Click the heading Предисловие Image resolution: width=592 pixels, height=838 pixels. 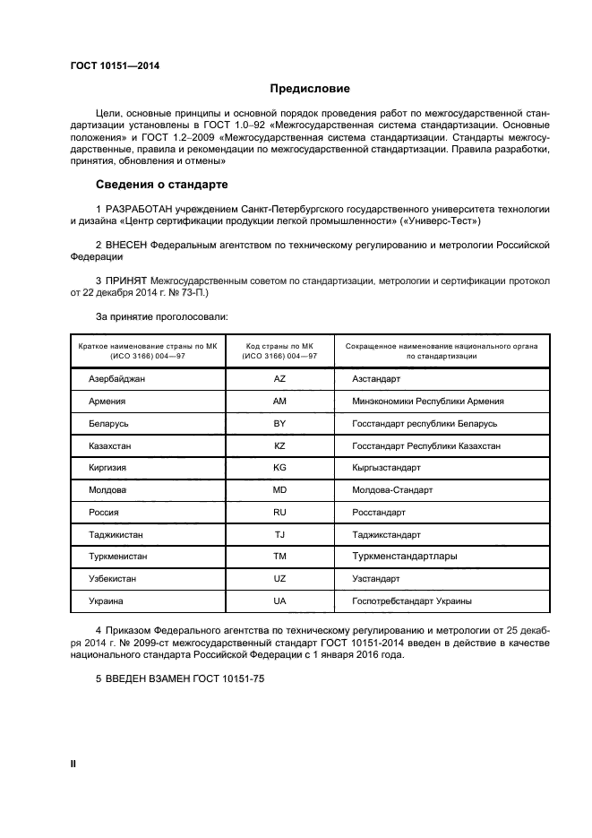[310, 89]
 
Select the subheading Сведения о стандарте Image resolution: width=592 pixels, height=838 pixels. [162, 185]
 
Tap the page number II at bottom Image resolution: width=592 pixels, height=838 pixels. [73, 764]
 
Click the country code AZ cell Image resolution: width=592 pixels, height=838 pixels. [279, 380]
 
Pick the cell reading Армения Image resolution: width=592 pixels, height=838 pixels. [107, 402]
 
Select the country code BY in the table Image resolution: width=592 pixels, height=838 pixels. [279, 423]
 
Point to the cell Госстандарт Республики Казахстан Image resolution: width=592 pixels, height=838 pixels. [425, 445]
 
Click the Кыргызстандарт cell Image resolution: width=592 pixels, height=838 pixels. [386, 468]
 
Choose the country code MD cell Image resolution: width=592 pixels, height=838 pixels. [279, 490]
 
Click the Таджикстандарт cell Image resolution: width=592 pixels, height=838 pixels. [386, 534]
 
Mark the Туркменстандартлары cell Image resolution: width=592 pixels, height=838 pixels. [404, 557]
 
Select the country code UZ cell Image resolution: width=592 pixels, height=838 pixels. [279, 579]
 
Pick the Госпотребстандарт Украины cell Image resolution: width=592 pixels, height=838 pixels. [411, 601]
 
